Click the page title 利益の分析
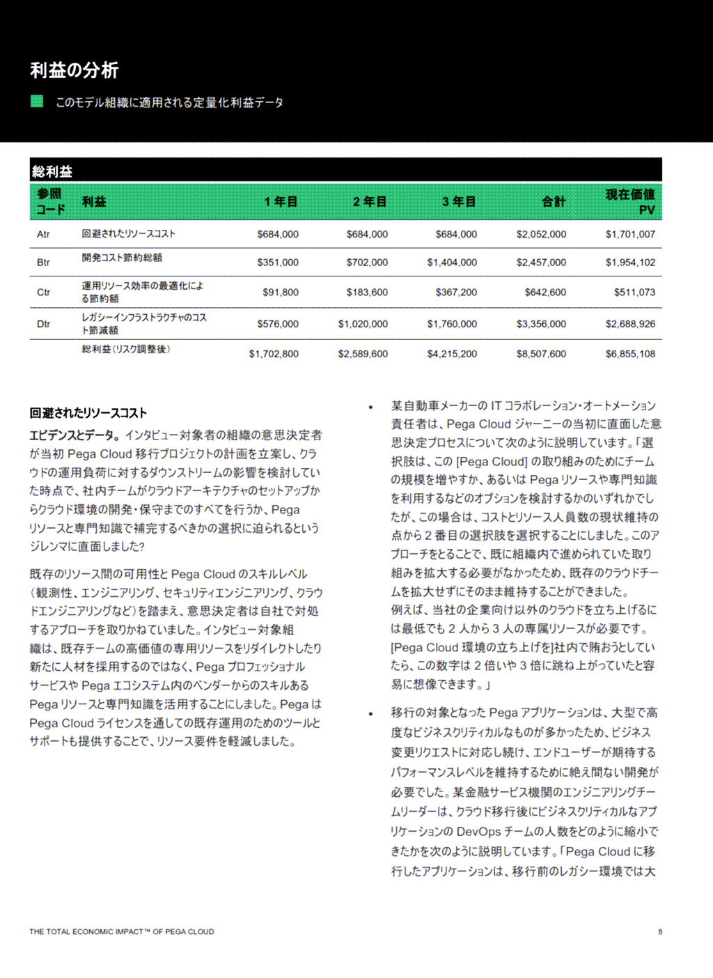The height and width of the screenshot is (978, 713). [74, 70]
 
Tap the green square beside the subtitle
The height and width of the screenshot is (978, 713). [37, 101]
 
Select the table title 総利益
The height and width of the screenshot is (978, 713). [52, 171]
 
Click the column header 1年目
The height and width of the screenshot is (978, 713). [281, 201]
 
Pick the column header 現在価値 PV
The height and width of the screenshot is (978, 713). [629, 201]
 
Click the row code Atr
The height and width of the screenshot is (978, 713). [43, 234]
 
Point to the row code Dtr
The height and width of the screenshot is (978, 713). [43, 324]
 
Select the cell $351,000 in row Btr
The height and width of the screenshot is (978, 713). [278, 263]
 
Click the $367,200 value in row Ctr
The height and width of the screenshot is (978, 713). [456, 293]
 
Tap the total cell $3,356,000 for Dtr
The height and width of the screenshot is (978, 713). [541, 324]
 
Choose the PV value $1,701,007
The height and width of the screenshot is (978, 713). [630, 234]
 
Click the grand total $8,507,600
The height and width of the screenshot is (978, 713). [541, 354]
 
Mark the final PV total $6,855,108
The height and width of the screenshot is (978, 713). [630, 354]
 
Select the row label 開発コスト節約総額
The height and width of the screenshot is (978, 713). [122, 258]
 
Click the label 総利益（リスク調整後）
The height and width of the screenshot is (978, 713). [126, 349]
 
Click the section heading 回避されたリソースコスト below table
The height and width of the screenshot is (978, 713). [88, 413]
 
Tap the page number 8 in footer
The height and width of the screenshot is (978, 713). [660, 931]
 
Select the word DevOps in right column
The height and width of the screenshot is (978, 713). [479, 832]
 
